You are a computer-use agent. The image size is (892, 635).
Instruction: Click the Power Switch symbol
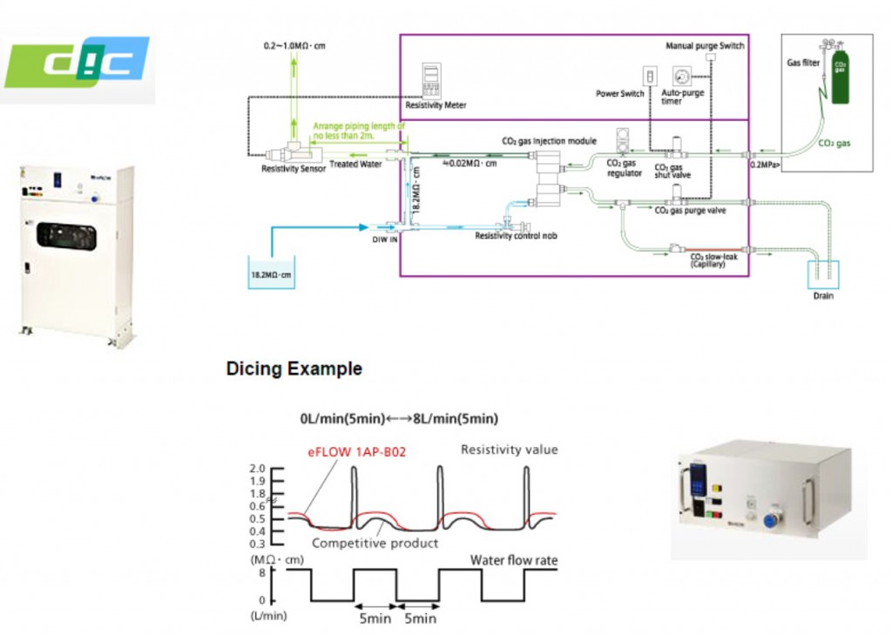pos(647,76)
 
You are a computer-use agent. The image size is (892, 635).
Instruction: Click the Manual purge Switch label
pos(705,45)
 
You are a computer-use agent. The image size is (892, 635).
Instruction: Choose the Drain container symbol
pos(823,274)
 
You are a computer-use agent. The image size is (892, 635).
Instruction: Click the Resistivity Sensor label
pos(294,169)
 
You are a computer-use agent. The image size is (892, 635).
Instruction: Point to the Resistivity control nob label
pos(516,236)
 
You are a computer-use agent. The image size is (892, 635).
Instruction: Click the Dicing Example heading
pos(294,368)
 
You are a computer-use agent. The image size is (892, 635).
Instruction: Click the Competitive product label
pos(375,544)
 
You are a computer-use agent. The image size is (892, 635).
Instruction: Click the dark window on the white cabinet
pos(66,236)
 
